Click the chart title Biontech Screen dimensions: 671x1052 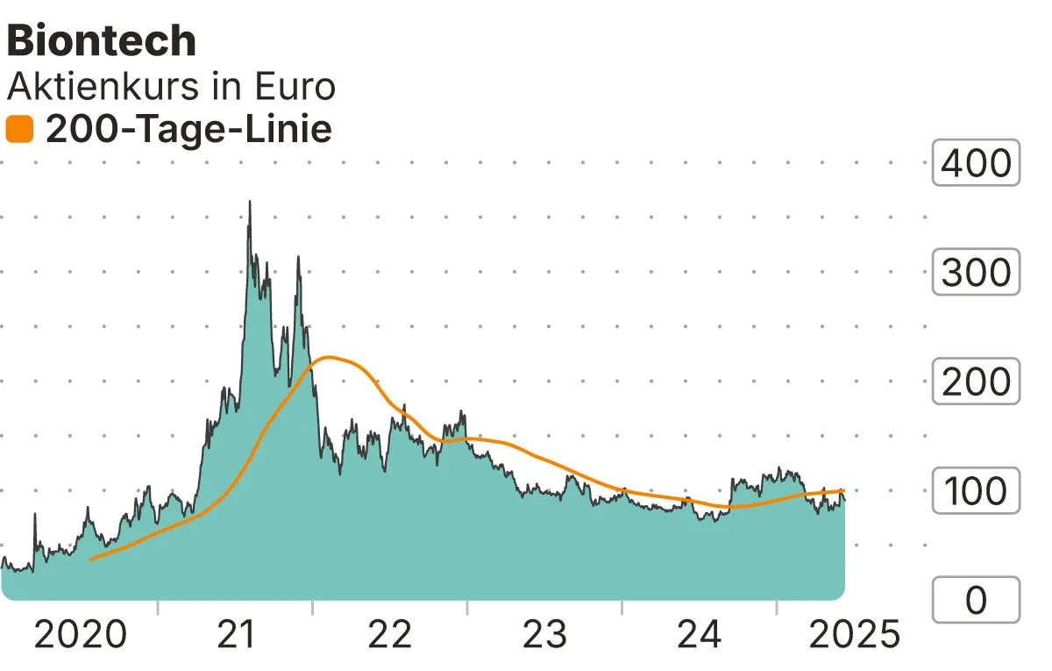tap(101, 41)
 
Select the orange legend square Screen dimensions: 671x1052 tap(19, 131)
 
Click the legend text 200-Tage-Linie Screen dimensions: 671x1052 tap(188, 130)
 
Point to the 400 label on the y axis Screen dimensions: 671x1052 tap(976, 163)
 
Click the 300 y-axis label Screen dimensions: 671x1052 tap(976, 273)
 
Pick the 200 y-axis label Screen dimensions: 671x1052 tap(976, 382)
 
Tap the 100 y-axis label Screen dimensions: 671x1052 tap(976, 492)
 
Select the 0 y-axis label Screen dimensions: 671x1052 tap(976, 601)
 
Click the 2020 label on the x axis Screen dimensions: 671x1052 tap(80, 634)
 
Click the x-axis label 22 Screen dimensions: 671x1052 tap(390, 634)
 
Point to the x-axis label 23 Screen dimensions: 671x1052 tap(545, 634)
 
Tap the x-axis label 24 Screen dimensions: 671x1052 tap(700, 634)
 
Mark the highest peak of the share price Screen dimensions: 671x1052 tap(250, 202)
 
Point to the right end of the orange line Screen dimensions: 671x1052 tap(843, 491)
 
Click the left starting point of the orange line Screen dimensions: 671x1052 tap(91, 559)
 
